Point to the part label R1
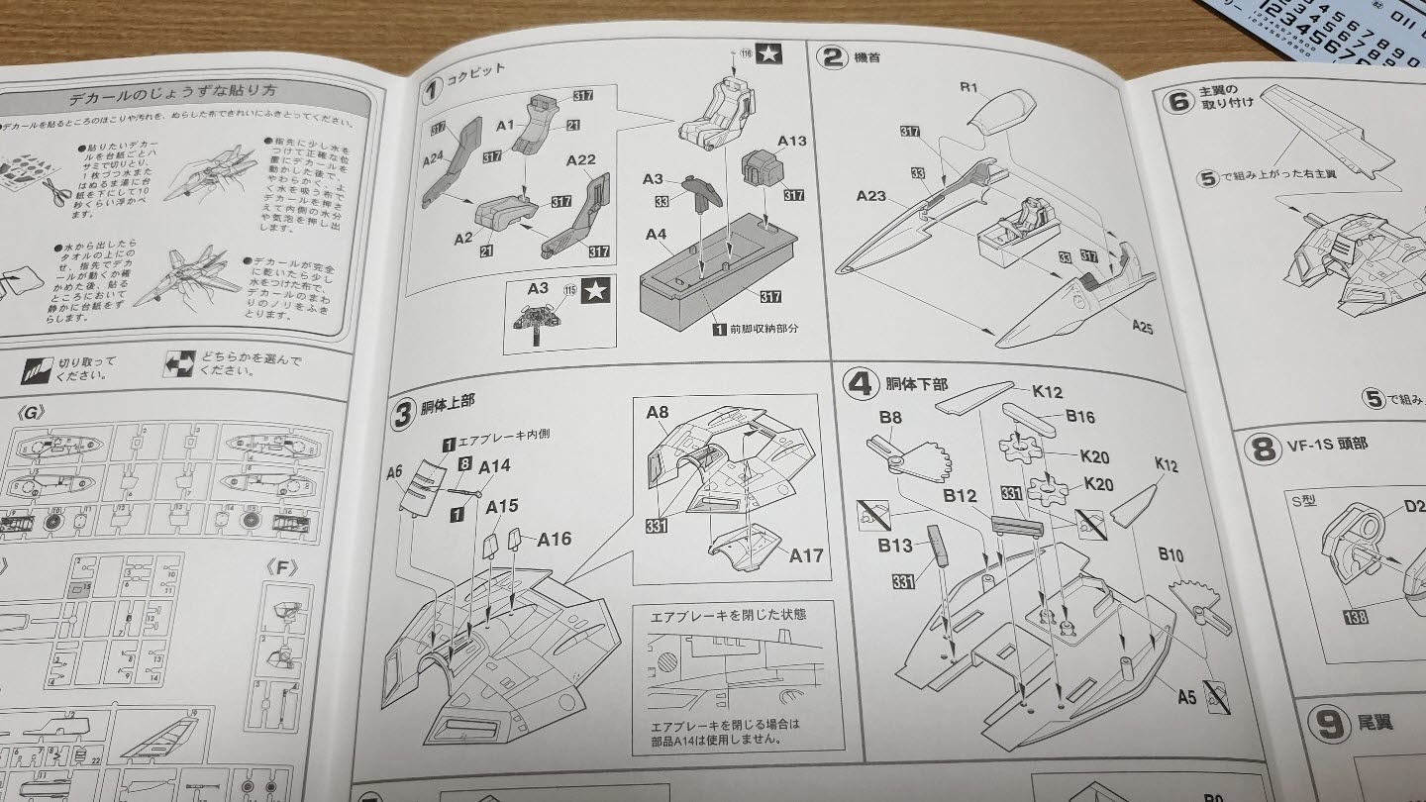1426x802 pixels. [968, 87]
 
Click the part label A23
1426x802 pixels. [870, 197]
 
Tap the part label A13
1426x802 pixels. [792, 141]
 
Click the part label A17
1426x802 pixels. [806, 554]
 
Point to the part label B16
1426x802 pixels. [1079, 416]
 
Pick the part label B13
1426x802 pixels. [895, 546]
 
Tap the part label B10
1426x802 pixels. [1171, 555]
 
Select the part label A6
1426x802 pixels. [394, 472]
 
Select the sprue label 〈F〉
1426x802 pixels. [282, 567]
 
